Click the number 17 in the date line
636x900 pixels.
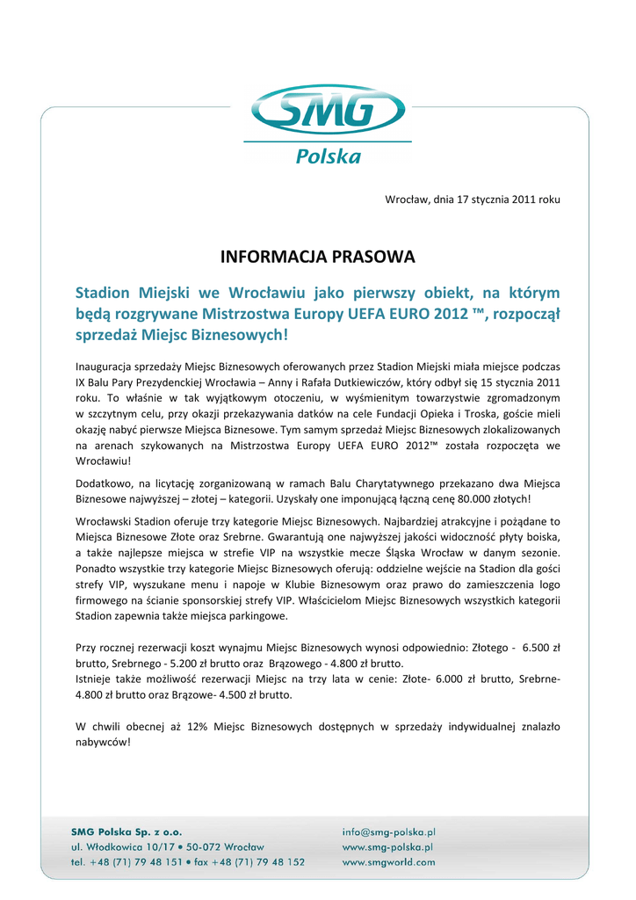pyautogui.click(x=463, y=200)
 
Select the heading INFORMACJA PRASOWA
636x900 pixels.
pyautogui.click(x=318, y=258)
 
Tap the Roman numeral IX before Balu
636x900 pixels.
pyautogui.click(x=82, y=382)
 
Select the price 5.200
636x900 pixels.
pyautogui.click(x=174, y=664)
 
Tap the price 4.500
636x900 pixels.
pyautogui.click(x=223, y=694)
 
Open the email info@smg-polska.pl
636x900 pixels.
pyautogui.click(x=388, y=831)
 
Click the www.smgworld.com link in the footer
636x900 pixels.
pyautogui.click(x=388, y=862)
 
